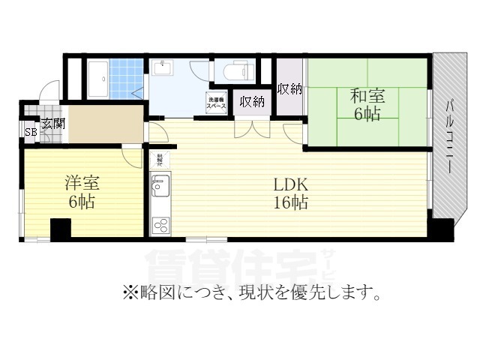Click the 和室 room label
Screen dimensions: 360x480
(x=367, y=96)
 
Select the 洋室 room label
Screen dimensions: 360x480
(x=82, y=183)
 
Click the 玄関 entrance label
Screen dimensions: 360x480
(x=52, y=124)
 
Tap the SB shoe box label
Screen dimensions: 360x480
(x=31, y=133)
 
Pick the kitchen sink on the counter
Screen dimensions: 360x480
(x=160, y=183)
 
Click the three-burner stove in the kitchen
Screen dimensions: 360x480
(x=160, y=224)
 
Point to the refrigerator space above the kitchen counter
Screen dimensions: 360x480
(x=160, y=159)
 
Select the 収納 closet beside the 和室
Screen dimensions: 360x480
(x=289, y=88)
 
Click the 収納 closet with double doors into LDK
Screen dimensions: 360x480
(x=252, y=101)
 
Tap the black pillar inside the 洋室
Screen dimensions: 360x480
(x=60, y=228)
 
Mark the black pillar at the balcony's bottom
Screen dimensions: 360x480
(x=442, y=229)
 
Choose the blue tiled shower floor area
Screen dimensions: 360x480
(x=127, y=77)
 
